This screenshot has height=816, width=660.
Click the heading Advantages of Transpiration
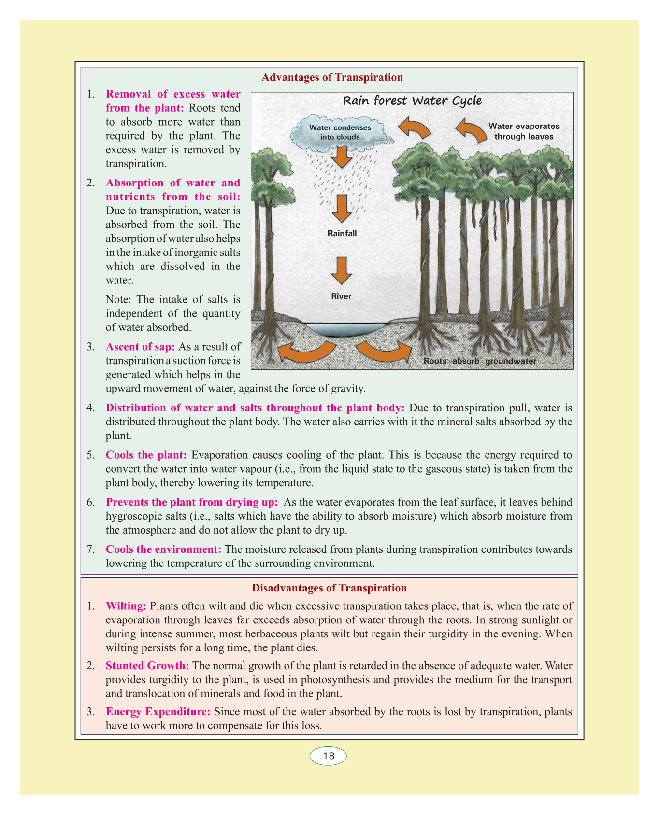pyautogui.click(x=332, y=77)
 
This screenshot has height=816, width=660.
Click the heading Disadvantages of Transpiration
pyautogui.click(x=329, y=588)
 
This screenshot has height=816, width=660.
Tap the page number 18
pyautogui.click(x=329, y=756)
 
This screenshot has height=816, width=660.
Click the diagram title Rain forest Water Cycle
pyautogui.click(x=412, y=100)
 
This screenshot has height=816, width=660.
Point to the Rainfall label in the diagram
pyautogui.click(x=342, y=233)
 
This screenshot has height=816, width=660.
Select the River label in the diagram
pyautogui.click(x=341, y=296)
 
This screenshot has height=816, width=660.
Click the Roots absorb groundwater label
pyautogui.click(x=479, y=361)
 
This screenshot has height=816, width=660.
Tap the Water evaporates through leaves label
pyautogui.click(x=524, y=131)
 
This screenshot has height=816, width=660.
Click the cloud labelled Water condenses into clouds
pyautogui.click(x=340, y=132)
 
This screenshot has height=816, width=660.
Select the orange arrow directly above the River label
pyautogui.click(x=342, y=270)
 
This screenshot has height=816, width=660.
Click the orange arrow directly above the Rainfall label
pyautogui.click(x=342, y=208)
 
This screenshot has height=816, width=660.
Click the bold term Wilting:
pyautogui.click(x=126, y=605)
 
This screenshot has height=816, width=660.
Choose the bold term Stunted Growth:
pyautogui.click(x=147, y=666)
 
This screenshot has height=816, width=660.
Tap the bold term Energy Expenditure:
pyautogui.click(x=158, y=711)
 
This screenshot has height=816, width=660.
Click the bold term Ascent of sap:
pyautogui.click(x=140, y=347)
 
